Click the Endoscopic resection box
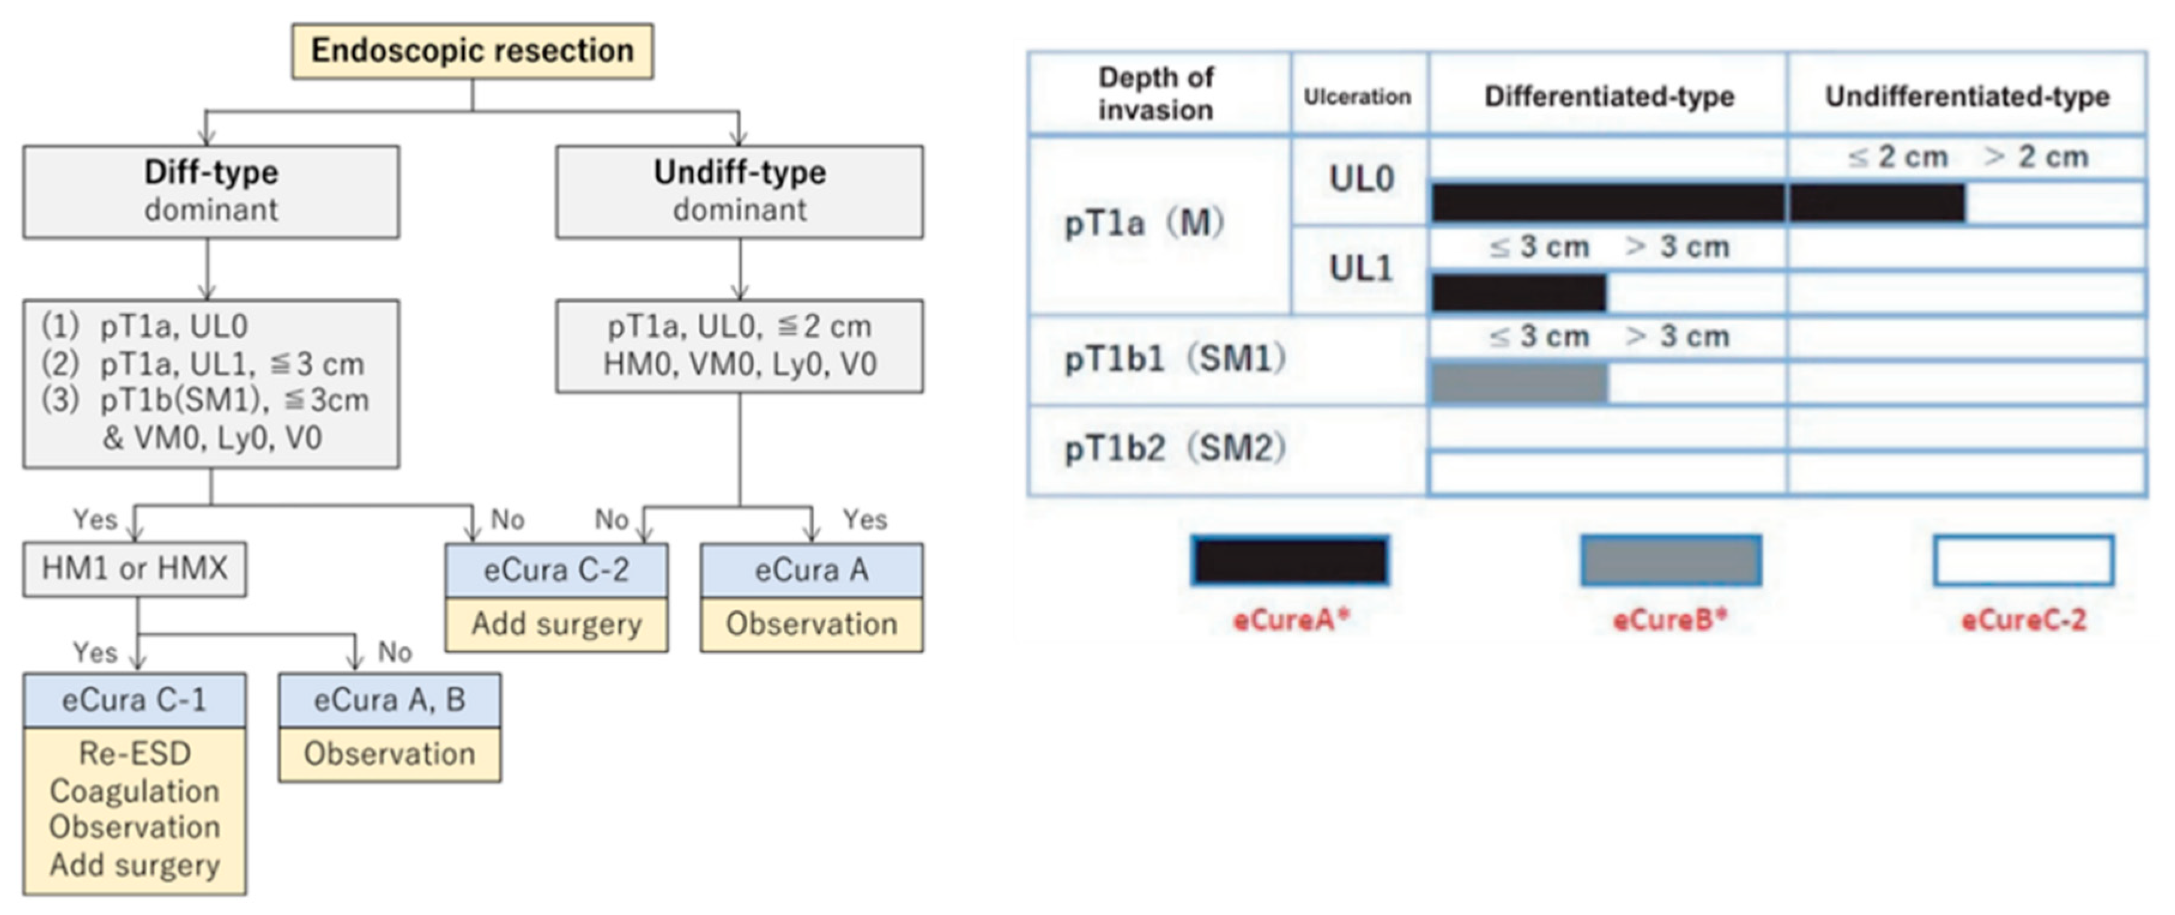472,51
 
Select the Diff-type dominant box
211,191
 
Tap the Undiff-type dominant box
740,191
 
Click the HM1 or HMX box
135,569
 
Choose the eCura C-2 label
556,571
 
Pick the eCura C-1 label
135,701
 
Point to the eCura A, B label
390,701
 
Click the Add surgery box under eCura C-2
556,625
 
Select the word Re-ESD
135,753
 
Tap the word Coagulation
135,791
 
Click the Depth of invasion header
1156,93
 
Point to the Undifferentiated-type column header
1967,96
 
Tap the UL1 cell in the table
1360,268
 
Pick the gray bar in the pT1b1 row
1519,383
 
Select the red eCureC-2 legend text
2023,620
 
